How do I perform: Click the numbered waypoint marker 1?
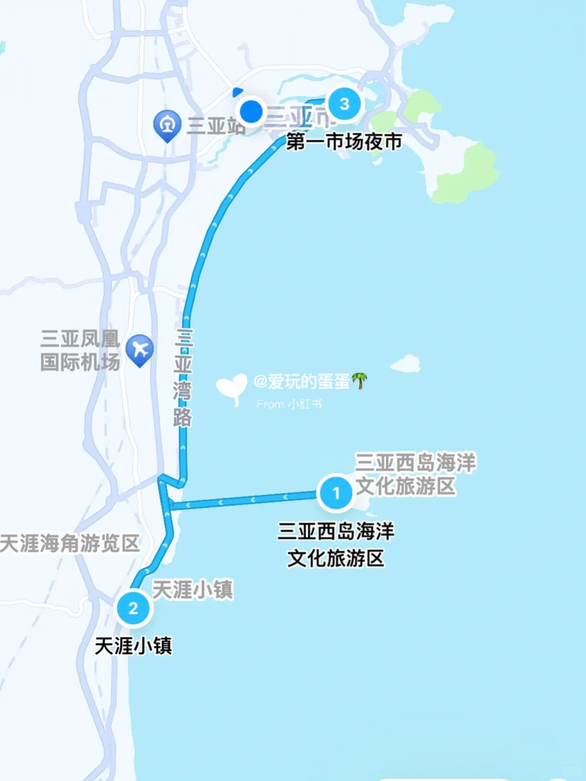pyautogui.click(x=335, y=492)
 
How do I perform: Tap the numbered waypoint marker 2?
pyautogui.click(x=133, y=608)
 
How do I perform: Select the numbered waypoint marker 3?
pyautogui.click(x=344, y=104)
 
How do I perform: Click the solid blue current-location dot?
pyautogui.click(x=251, y=111)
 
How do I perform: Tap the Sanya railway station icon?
pyautogui.click(x=167, y=125)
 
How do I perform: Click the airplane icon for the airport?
pyautogui.click(x=140, y=350)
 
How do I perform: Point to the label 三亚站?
pyautogui.click(x=216, y=126)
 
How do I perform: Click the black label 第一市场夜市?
pyautogui.click(x=344, y=142)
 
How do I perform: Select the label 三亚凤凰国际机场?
pyautogui.click(x=80, y=350)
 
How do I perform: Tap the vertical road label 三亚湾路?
pyautogui.click(x=183, y=377)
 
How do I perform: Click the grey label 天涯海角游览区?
pyautogui.click(x=69, y=543)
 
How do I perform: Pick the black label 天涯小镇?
pyautogui.click(x=133, y=645)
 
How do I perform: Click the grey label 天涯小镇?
pyautogui.click(x=192, y=590)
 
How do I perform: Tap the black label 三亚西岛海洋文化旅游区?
pyautogui.click(x=335, y=545)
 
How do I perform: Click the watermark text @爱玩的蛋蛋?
pyautogui.click(x=302, y=382)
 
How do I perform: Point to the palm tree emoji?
pyautogui.click(x=359, y=381)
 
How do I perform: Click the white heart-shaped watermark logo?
pyautogui.click(x=232, y=389)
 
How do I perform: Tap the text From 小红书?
pyautogui.click(x=289, y=404)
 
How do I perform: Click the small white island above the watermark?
pyautogui.click(x=406, y=363)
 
